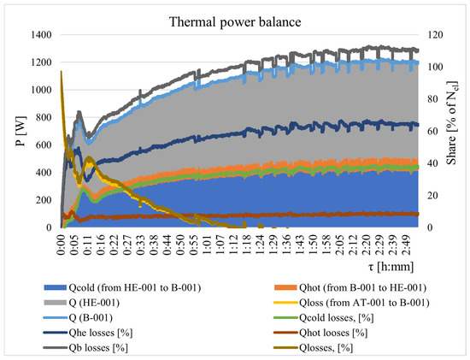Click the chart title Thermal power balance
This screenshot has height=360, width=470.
(235, 22)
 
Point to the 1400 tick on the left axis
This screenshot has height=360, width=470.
(41, 35)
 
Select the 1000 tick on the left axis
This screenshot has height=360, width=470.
(41, 90)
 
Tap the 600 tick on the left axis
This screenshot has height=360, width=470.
(44, 145)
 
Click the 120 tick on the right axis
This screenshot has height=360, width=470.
(435, 35)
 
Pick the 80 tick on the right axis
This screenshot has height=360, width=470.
(432, 99)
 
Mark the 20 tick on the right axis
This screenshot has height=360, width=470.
(432, 195)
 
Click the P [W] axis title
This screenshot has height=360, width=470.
(21, 131)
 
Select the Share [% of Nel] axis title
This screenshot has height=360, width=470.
(452, 122)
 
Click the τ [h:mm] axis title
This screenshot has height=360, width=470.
(391, 267)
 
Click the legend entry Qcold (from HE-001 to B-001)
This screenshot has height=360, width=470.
(122, 287)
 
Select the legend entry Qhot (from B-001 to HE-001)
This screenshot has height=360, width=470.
(350, 287)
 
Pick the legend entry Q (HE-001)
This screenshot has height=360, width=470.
(82, 303)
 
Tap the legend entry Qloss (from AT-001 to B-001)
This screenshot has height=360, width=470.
(352, 303)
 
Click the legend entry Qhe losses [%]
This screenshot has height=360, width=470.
(88, 333)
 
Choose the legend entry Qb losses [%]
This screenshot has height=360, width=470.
(85, 348)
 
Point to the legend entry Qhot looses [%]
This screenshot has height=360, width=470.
(320, 333)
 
